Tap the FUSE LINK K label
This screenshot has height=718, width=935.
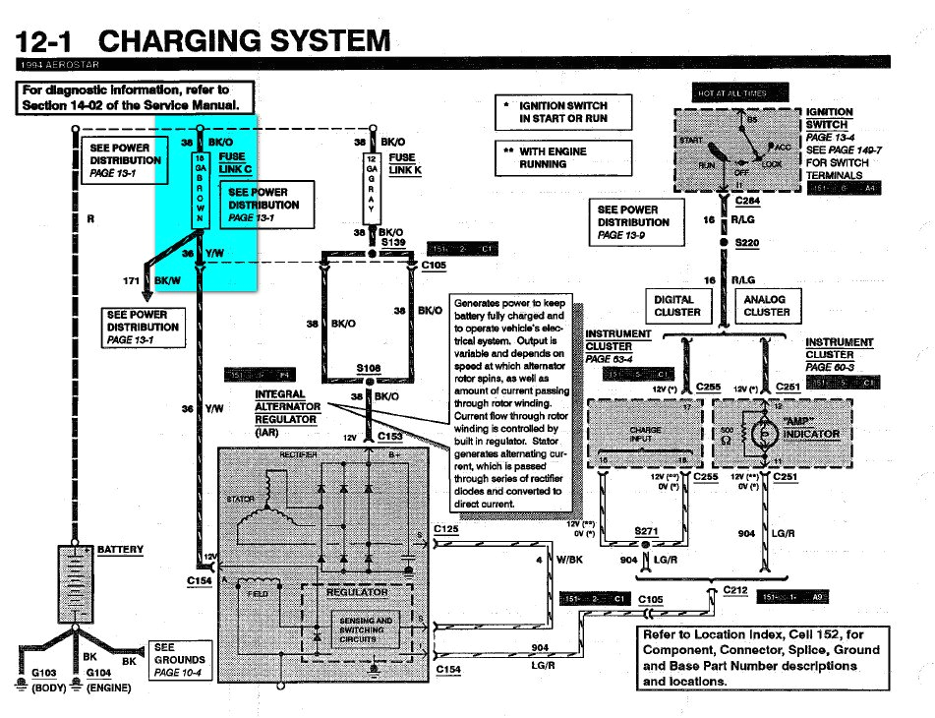click(x=403, y=163)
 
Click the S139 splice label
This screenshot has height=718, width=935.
click(x=393, y=241)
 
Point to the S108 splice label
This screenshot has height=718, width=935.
click(x=368, y=369)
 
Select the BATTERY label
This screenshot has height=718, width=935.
click(x=120, y=550)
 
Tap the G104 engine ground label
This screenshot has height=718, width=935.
click(x=99, y=673)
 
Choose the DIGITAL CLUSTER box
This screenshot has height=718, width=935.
click(x=677, y=306)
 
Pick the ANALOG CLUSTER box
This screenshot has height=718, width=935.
click(x=766, y=306)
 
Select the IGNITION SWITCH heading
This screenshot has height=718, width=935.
click(x=829, y=119)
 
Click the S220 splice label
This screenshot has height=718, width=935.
click(x=748, y=242)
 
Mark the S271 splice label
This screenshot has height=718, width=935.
click(x=646, y=531)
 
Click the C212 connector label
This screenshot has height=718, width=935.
click(x=736, y=589)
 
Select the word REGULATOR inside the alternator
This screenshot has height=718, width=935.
click(x=356, y=593)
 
